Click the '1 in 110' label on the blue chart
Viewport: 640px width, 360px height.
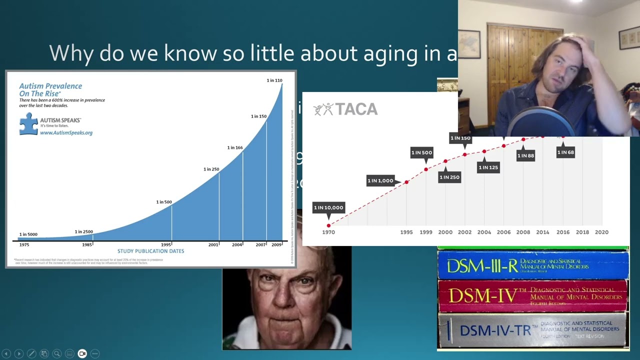[x=274, y=80]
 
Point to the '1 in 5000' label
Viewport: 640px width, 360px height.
[x=28, y=234]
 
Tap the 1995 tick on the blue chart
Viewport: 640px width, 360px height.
[x=166, y=245]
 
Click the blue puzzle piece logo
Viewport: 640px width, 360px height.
[x=28, y=123]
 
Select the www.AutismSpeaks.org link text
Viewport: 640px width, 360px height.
[x=66, y=133]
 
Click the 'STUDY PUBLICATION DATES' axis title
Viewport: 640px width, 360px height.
[x=150, y=251]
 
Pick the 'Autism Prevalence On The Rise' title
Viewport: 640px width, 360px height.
[x=50, y=90]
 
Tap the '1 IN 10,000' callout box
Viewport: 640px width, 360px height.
[x=328, y=207]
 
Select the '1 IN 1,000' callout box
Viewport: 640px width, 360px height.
[x=380, y=181]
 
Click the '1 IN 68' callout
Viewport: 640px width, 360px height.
[x=565, y=152]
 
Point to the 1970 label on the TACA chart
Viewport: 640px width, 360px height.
[x=328, y=232]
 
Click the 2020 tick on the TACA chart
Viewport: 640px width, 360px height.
[x=601, y=232]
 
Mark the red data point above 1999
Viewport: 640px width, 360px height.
[x=426, y=169]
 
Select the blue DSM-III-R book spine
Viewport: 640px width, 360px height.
[x=533, y=265]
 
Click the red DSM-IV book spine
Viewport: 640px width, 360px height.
[x=533, y=296]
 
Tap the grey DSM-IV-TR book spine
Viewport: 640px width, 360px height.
[x=533, y=329]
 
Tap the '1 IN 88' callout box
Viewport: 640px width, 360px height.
[x=525, y=156]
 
